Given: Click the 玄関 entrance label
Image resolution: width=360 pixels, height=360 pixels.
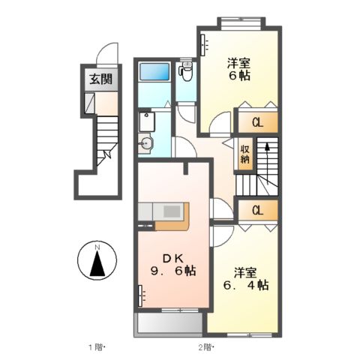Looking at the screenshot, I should [95, 78].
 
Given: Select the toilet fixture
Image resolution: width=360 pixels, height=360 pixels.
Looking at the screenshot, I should [186, 73].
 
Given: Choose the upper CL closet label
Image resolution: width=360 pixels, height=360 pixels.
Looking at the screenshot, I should [256, 121].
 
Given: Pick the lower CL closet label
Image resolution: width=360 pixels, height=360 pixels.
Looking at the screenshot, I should [256, 210].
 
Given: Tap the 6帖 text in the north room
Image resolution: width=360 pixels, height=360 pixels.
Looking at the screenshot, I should [238, 75].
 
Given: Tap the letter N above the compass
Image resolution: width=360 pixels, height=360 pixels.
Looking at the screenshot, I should [97, 247].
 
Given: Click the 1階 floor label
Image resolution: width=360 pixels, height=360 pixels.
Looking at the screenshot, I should [97, 346].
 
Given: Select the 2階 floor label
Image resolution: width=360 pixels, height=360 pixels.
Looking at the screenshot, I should [205, 346].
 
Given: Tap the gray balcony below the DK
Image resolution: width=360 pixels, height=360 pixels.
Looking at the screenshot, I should [168, 324].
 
